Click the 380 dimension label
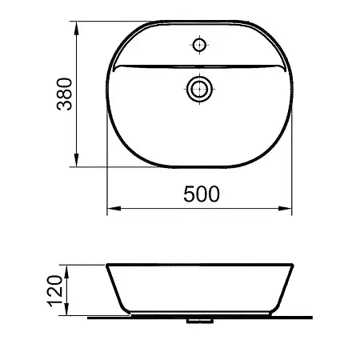pos(65,94)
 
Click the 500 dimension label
pos(202,194)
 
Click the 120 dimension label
pos(54,291)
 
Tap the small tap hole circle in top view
pos(199,45)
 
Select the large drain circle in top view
pos(200,89)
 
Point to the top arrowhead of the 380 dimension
pos(77,28)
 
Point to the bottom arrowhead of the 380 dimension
pos(77,160)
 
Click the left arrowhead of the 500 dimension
pos(114,209)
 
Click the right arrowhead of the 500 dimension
pos(285,209)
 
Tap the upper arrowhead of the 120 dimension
pos(66,272)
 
